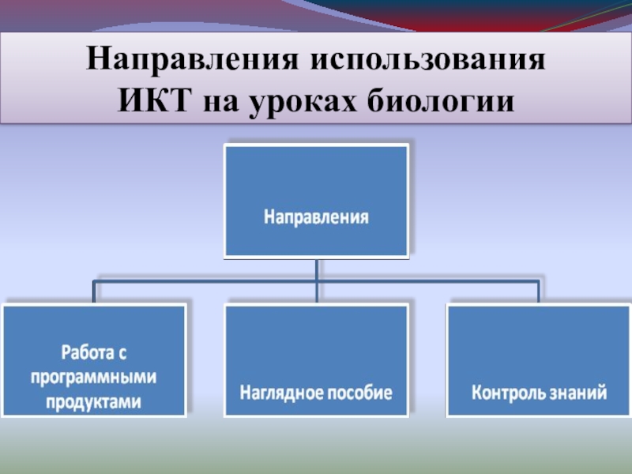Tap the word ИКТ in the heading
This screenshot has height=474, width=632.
click(x=156, y=102)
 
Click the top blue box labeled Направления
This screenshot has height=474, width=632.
click(x=317, y=182)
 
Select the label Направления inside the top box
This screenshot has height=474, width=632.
click(x=317, y=215)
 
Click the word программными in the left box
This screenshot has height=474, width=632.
click(x=94, y=377)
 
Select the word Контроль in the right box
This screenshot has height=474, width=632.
click(x=512, y=392)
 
